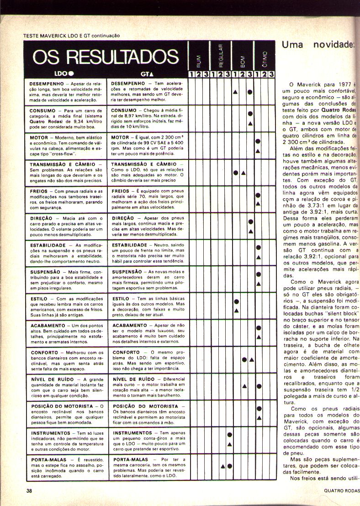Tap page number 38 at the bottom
tap(29, 491)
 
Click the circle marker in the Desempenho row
tap(250, 92)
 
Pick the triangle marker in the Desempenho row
tap(235, 92)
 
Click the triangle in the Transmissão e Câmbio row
tap(244, 173)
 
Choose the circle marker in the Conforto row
tap(244, 360)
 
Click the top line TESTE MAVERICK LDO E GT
tap(71, 35)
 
